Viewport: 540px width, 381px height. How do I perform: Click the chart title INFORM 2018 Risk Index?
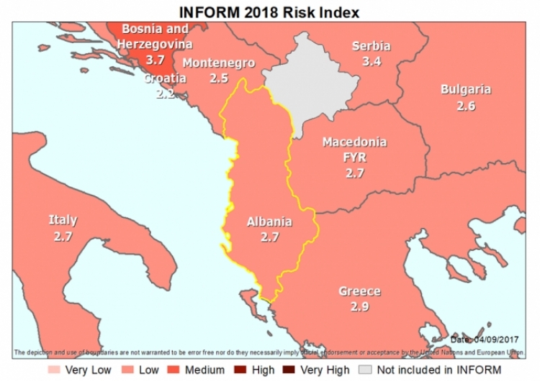point(269,12)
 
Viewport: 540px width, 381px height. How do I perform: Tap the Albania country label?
point(269,221)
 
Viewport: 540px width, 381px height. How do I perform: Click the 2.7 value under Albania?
point(269,236)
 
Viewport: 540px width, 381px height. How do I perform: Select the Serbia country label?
point(371,47)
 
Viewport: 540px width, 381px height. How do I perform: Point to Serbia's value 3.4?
point(371,61)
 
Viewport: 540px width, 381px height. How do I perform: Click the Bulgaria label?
point(466,90)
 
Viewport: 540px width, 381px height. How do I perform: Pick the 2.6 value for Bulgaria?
point(466,105)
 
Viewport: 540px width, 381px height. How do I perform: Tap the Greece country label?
point(359,292)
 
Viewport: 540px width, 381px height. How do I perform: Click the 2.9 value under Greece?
point(359,306)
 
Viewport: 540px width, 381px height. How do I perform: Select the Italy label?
point(63,221)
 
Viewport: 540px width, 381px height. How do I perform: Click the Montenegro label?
point(218,63)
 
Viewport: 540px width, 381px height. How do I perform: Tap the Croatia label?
point(165,78)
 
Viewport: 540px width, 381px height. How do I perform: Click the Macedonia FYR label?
point(354,150)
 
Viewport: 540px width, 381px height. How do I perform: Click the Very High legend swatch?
point(292,370)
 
